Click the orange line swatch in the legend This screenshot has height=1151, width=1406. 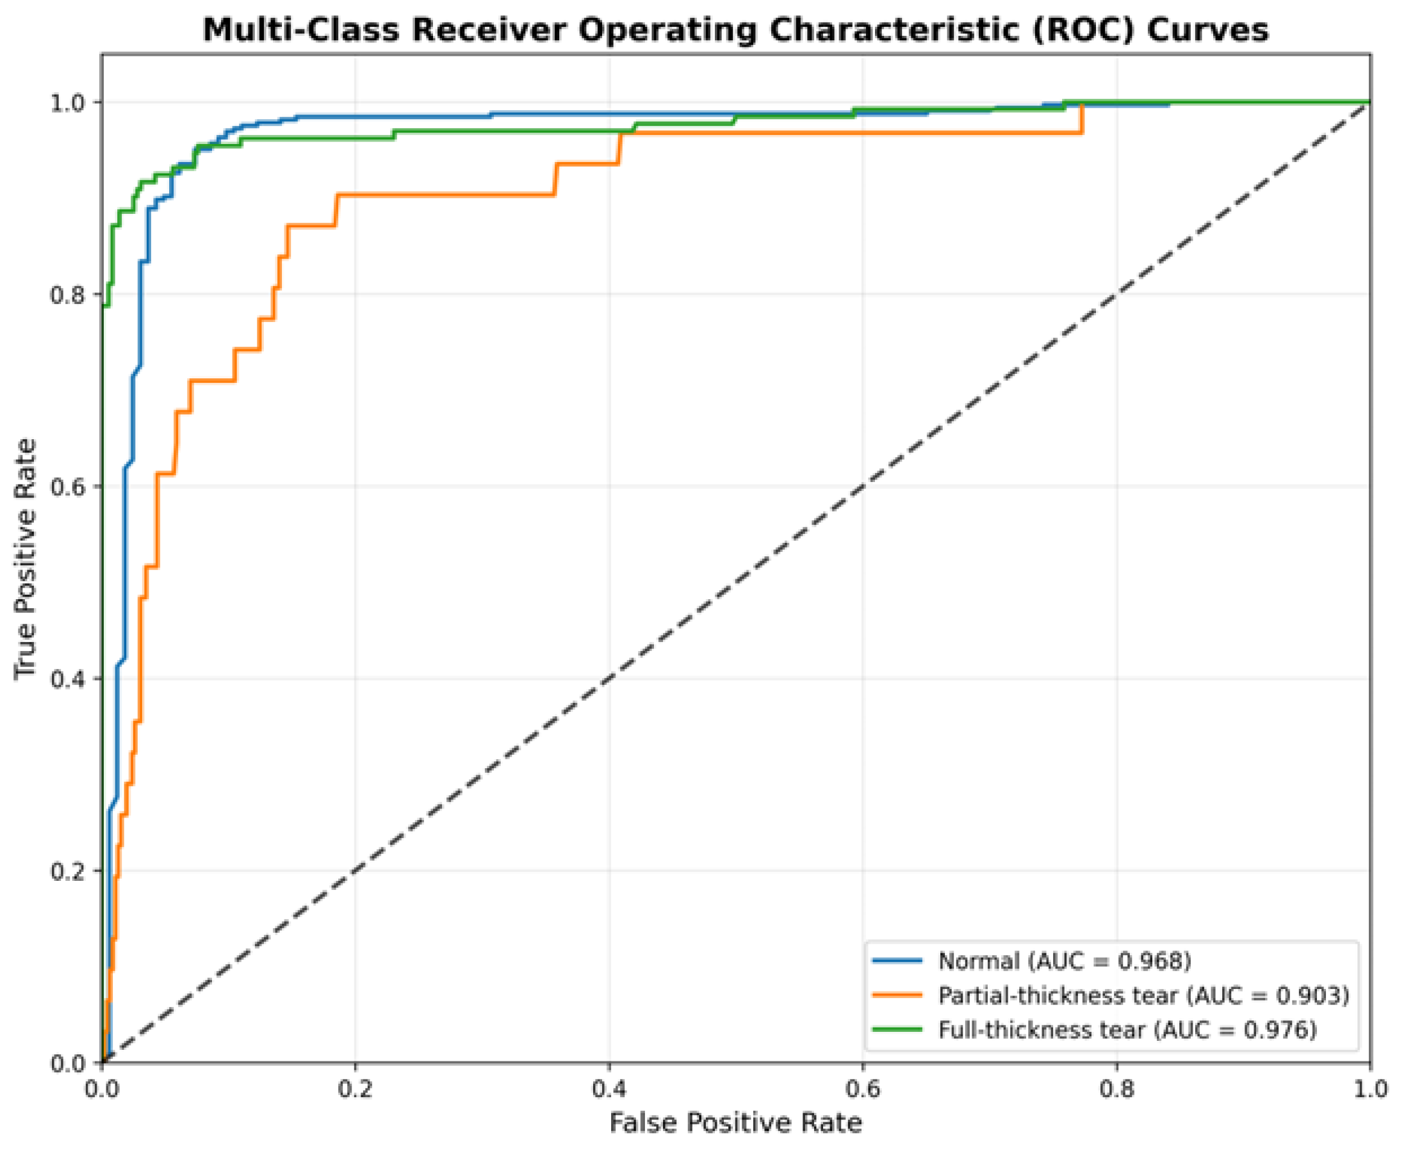[897, 995]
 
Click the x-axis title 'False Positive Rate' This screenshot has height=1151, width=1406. [735, 1123]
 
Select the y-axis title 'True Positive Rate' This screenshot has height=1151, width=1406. [25, 559]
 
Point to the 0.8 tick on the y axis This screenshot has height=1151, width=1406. [69, 294]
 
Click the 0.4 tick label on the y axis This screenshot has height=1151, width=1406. [69, 679]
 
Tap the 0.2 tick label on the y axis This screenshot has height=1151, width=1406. [69, 871]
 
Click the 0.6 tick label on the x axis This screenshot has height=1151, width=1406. [862, 1090]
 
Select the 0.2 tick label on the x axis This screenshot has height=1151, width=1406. [355, 1090]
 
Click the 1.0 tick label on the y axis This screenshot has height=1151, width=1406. [69, 103]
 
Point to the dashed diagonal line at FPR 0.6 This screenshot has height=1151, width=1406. [863, 486]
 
